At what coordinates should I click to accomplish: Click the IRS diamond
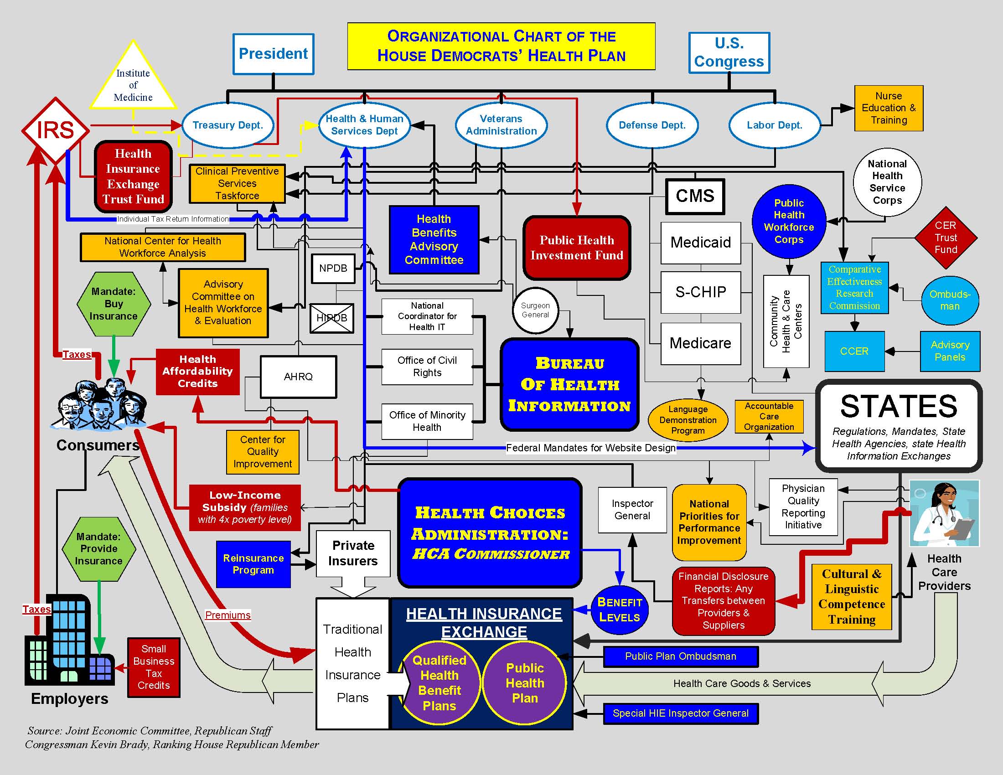click(55, 130)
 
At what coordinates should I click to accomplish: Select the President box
click(273, 54)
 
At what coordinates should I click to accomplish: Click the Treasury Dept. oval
click(228, 125)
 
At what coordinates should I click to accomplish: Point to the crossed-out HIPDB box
click(331, 318)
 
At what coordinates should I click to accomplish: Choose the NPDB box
click(333, 268)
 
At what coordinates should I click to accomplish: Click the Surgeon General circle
click(535, 310)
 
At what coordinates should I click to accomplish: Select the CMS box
click(695, 196)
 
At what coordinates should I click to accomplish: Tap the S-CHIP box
click(700, 292)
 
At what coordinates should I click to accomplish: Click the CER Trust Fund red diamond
click(946, 238)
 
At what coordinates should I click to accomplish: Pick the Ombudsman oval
click(950, 300)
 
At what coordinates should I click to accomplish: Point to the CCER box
click(854, 351)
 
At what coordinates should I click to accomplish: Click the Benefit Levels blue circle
click(620, 610)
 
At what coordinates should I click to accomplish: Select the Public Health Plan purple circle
click(524, 683)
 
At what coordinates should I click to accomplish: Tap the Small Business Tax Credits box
click(153, 667)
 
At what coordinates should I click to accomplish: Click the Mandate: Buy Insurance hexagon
click(114, 304)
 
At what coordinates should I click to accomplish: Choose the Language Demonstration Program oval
click(688, 419)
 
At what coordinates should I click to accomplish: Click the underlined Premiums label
click(228, 615)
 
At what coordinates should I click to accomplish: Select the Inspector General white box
click(632, 510)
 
